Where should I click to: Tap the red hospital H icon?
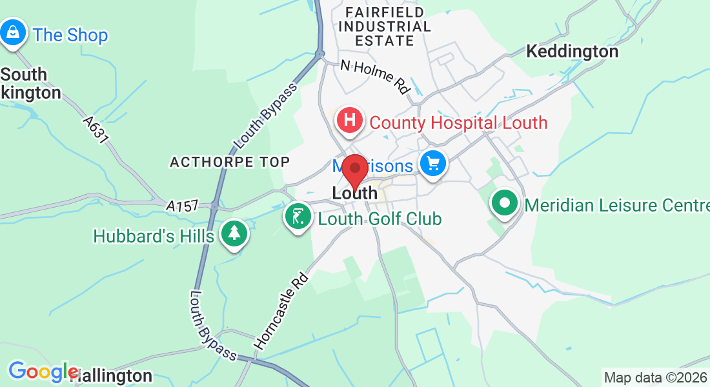(349, 120)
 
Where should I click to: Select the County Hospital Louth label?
(458, 123)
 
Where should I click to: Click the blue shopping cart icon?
(432, 163)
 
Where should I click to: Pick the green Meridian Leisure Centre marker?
(505, 204)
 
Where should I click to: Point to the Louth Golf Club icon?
(297, 217)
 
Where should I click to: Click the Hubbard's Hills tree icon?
(234, 233)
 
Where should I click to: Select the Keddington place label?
(572, 51)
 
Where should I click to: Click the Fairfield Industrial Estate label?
(385, 26)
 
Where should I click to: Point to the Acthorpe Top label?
(230, 162)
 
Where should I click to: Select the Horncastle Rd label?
(282, 311)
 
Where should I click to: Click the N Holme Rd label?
(376, 76)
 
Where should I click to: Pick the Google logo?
(43, 372)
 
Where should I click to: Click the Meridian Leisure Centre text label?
(616, 205)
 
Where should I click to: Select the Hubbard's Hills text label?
(154, 236)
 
